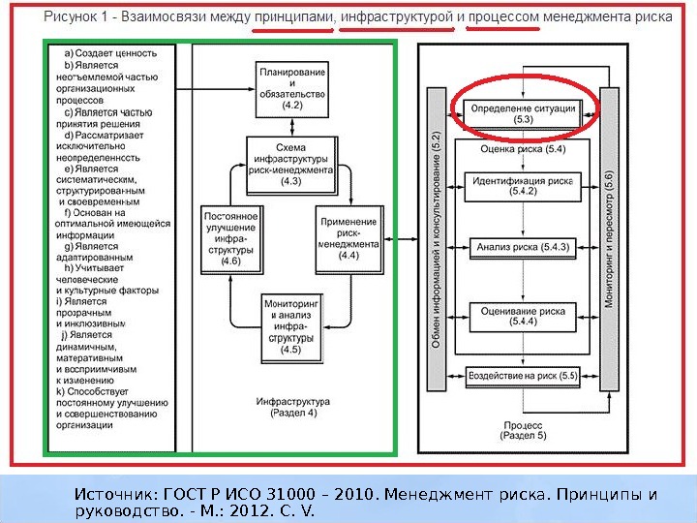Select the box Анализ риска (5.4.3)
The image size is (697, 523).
coord(523,247)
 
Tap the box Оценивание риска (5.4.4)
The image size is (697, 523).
coord(523,316)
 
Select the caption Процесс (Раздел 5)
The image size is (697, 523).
coord(524,430)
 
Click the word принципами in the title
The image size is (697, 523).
coord(298,17)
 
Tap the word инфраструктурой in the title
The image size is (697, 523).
coord(397,17)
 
